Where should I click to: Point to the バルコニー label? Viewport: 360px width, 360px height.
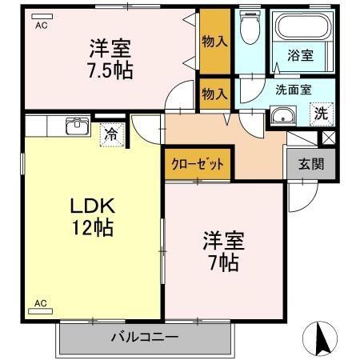(144, 337)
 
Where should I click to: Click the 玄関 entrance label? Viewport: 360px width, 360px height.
(311, 165)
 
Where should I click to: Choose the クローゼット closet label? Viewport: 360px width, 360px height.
(197, 164)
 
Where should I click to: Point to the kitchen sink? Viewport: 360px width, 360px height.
(77, 126)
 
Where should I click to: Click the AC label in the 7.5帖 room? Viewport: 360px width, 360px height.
(40, 25)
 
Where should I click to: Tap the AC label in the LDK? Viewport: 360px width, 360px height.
(39, 303)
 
